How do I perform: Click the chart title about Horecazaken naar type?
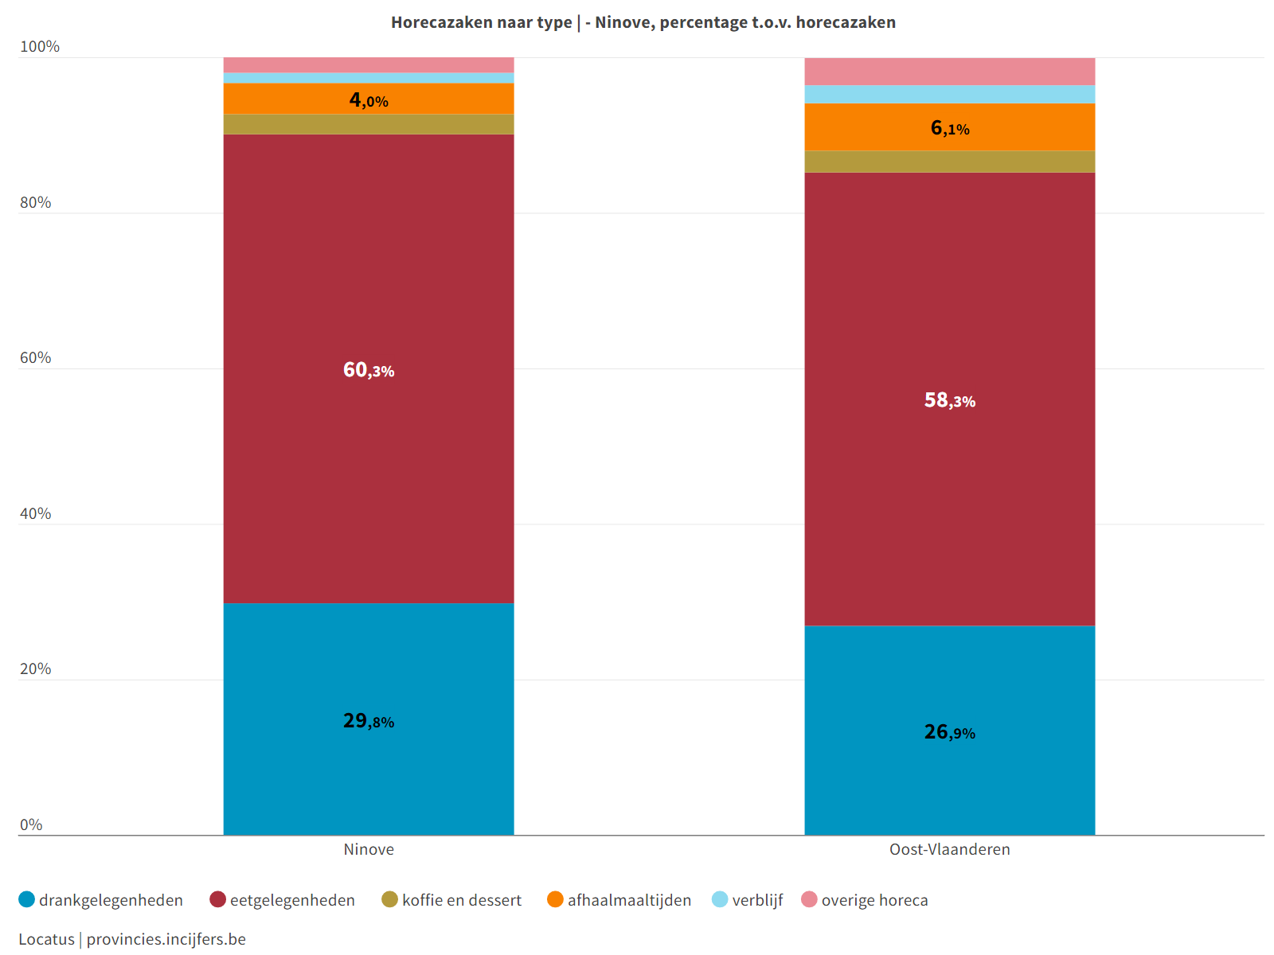pos(643,22)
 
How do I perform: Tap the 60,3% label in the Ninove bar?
pos(369,370)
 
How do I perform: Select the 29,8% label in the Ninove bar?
pos(369,721)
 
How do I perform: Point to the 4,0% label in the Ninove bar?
pos(369,100)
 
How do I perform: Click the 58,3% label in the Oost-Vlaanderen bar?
pos(949,400)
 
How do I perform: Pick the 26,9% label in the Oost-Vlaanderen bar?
pos(949,732)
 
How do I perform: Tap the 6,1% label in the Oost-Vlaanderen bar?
pos(949,128)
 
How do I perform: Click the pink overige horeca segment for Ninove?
pos(369,64)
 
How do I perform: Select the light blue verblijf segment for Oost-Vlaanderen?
pos(949,94)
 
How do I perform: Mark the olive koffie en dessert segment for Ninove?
pos(369,124)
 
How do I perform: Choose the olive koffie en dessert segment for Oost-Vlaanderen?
pos(949,162)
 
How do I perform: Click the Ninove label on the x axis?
pos(369,849)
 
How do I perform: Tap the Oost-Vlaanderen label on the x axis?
pos(949,849)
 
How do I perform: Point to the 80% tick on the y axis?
pos(35,203)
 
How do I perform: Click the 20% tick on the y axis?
pos(35,669)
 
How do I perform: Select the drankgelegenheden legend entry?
pos(101,900)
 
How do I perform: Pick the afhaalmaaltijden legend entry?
pos(619,900)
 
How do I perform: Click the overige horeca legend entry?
pos(865,900)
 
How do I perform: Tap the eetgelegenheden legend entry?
pos(283,900)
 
